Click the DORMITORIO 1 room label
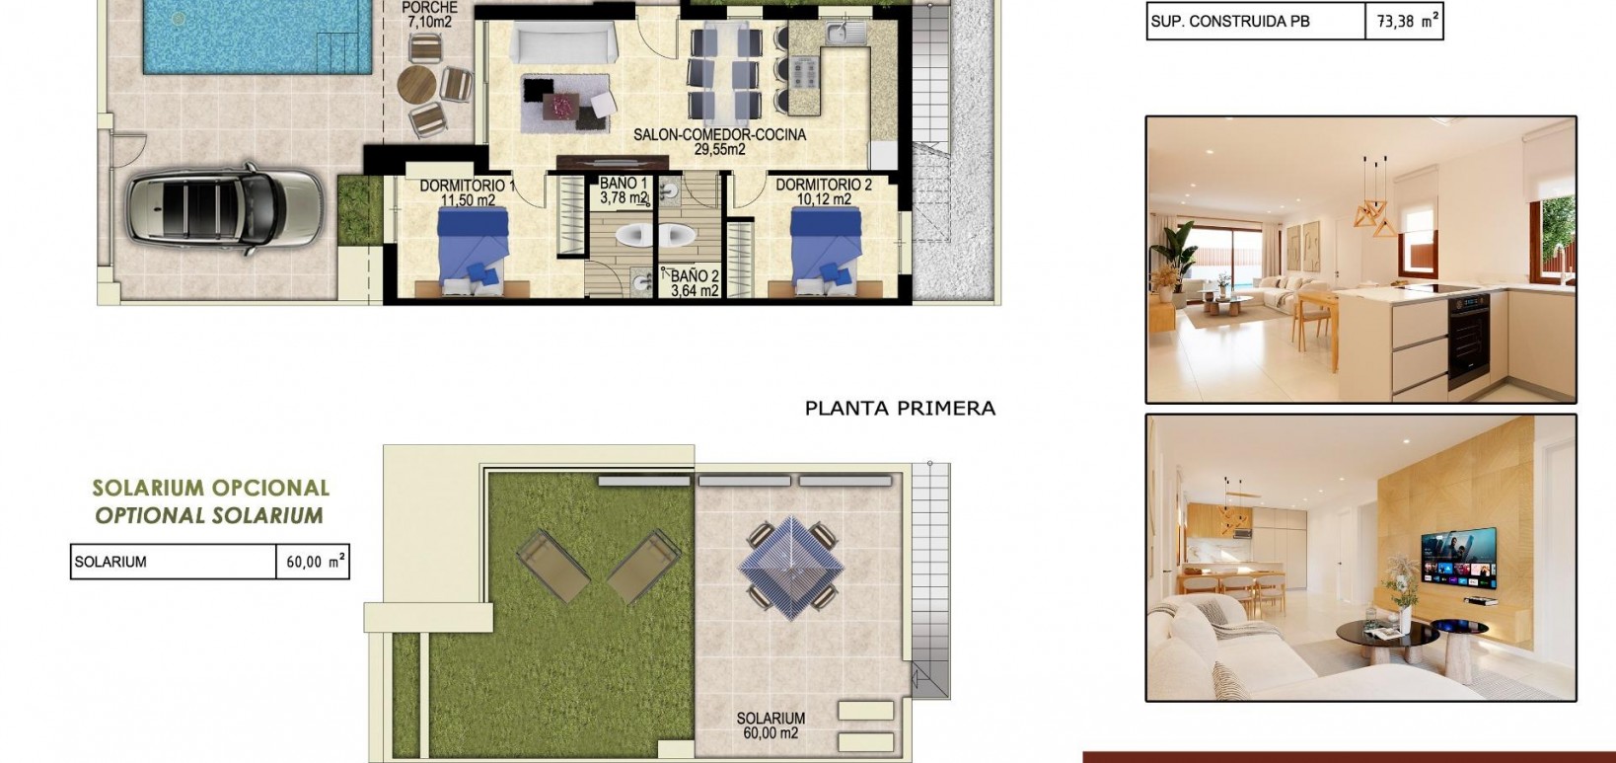468,186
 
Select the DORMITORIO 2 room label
824,185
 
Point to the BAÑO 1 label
624,184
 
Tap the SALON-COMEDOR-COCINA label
719,135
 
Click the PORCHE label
430,8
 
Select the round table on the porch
418,85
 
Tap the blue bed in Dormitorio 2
826,249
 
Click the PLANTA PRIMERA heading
900,408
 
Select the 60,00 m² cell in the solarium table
313,563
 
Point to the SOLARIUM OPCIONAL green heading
210,488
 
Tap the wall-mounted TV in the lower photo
1458,558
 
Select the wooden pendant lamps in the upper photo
1374,211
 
